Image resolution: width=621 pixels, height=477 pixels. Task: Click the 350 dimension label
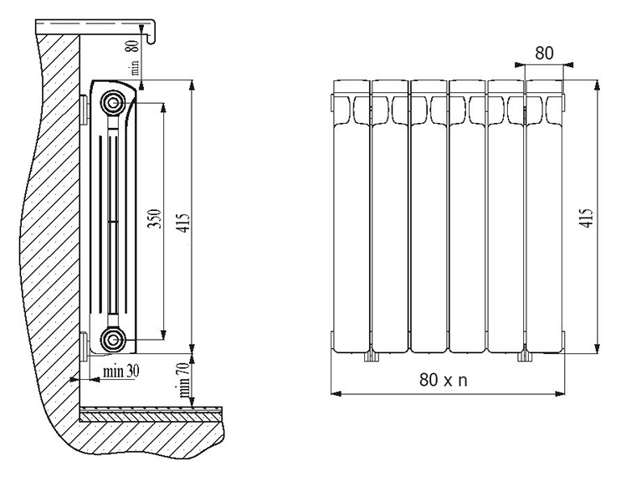point(155,218)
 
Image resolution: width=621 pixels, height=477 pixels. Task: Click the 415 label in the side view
point(184,223)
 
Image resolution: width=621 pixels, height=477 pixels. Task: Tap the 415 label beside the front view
point(588,218)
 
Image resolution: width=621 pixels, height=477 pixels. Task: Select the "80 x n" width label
point(444,380)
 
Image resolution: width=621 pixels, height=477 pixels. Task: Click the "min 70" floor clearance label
point(184,381)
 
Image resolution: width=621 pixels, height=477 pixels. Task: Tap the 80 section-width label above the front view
point(544,53)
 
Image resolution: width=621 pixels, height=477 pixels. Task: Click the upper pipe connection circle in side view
point(113,103)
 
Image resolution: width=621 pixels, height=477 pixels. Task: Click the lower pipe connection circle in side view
point(113,340)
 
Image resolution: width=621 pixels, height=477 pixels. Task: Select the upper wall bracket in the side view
point(85,110)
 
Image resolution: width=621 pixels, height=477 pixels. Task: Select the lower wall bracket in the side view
point(85,346)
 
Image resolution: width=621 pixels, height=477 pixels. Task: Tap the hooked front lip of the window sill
point(151,32)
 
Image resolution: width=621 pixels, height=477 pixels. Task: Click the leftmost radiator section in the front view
point(352,216)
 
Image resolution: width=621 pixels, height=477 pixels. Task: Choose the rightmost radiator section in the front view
point(544,216)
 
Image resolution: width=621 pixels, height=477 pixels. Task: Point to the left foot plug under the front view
point(371,356)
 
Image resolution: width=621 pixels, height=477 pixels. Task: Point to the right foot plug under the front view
point(525,356)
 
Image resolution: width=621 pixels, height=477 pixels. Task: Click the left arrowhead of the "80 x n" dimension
point(335,393)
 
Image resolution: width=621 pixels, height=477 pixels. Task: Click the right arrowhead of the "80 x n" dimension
point(560,393)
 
